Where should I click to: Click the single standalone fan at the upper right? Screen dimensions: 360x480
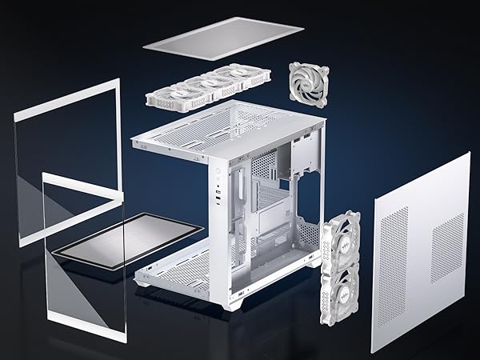tap(309, 85)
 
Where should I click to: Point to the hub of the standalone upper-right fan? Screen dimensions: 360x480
tap(309, 85)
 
